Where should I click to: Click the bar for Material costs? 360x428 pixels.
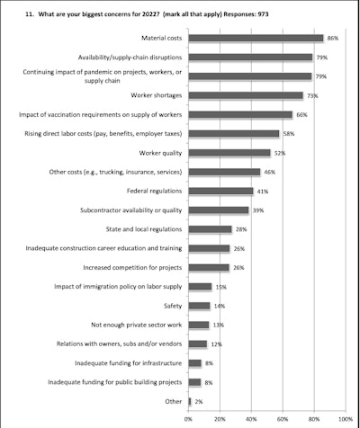[256, 38]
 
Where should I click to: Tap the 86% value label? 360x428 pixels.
[332, 38]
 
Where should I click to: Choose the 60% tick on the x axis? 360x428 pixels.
[283, 418]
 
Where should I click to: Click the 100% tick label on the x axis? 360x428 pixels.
[345, 418]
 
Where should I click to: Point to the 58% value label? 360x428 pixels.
[288, 133]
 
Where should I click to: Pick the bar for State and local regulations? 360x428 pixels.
[210, 229]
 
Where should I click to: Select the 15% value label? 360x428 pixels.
[220, 287]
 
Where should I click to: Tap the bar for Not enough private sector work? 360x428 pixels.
[198, 325]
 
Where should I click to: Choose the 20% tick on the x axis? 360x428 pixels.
[220, 418]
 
